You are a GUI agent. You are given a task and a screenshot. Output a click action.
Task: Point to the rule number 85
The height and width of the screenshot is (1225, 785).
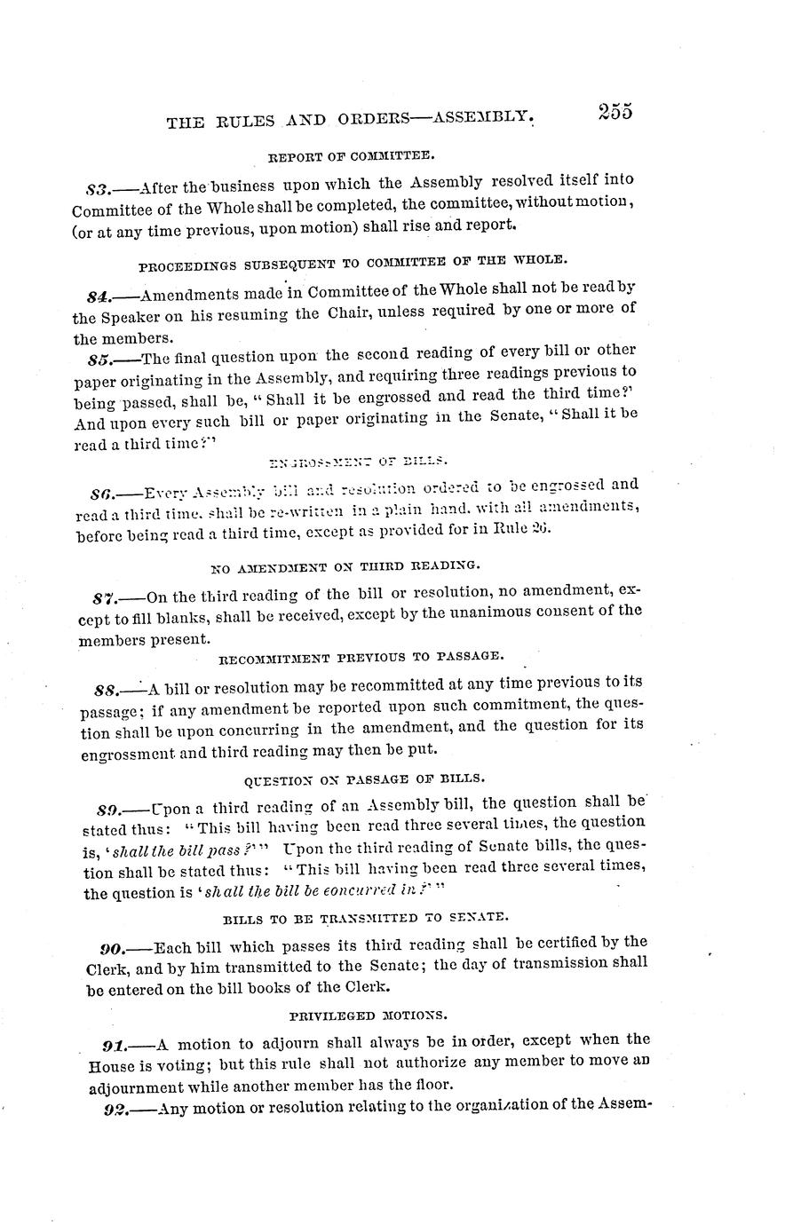99,359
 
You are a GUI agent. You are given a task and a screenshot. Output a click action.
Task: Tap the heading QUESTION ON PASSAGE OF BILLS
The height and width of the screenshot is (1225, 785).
364,778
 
